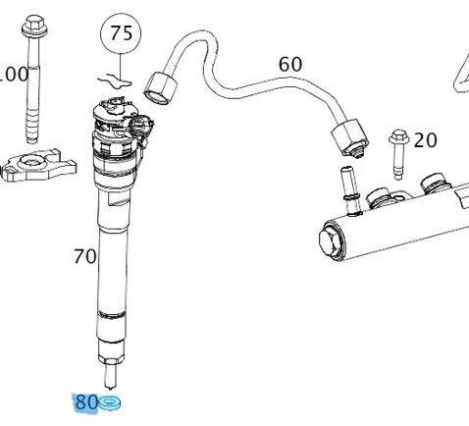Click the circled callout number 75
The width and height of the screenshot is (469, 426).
[120, 35]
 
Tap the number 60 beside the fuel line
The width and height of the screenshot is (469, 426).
[289, 65]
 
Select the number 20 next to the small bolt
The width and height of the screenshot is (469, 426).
[425, 140]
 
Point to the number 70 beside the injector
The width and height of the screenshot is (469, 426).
[85, 257]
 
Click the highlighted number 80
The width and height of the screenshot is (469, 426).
[85, 401]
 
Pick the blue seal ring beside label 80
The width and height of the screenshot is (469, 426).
[109, 402]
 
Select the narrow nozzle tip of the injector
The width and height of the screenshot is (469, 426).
[111, 373]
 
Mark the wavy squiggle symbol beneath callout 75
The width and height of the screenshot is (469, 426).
[116, 75]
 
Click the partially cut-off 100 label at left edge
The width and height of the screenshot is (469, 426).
[13, 74]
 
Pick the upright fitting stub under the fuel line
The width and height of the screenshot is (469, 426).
[346, 186]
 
